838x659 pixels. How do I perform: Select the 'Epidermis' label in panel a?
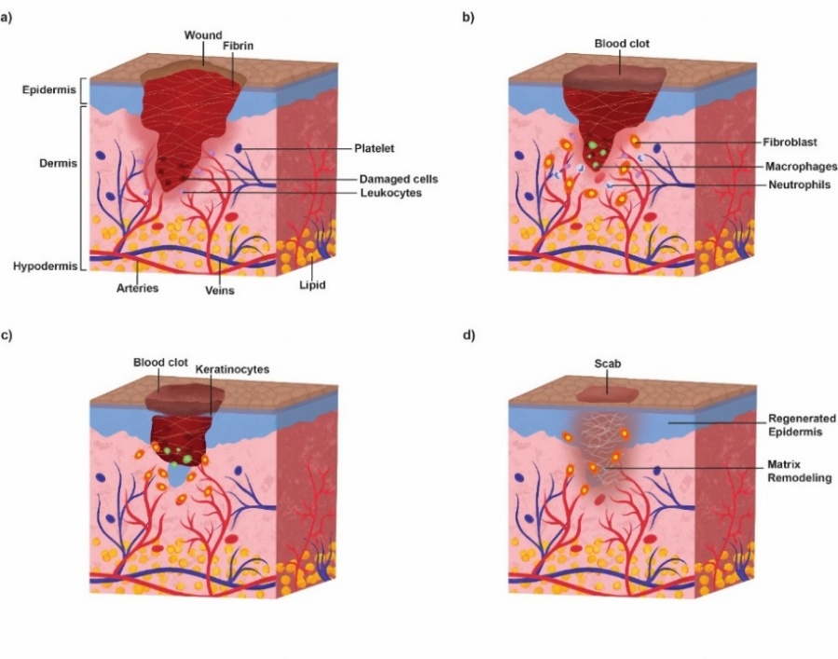tap(42, 90)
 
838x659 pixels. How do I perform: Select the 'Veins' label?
tap(221, 289)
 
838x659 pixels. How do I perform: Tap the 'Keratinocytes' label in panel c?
tap(232, 369)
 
